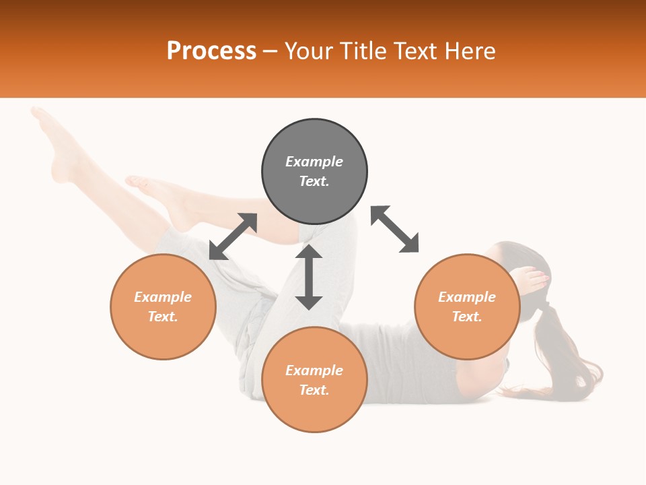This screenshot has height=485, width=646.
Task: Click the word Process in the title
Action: point(211,51)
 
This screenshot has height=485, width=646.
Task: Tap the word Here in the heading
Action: point(469,51)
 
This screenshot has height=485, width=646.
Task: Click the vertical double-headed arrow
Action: point(309,277)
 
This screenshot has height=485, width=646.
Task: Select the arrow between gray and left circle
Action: point(233,236)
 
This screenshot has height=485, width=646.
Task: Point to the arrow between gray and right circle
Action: point(395,229)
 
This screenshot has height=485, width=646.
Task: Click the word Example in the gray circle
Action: point(314,162)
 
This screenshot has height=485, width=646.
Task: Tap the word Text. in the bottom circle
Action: point(314,390)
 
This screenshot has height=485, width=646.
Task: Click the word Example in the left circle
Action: point(163,297)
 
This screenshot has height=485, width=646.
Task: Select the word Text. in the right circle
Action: point(467,317)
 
